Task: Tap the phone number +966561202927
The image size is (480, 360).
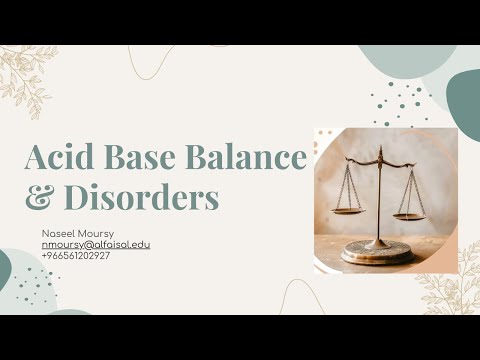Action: tap(76, 256)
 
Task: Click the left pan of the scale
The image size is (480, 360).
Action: tap(347, 211)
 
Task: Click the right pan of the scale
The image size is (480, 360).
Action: tap(409, 214)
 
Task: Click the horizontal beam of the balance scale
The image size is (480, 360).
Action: tap(380, 164)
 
